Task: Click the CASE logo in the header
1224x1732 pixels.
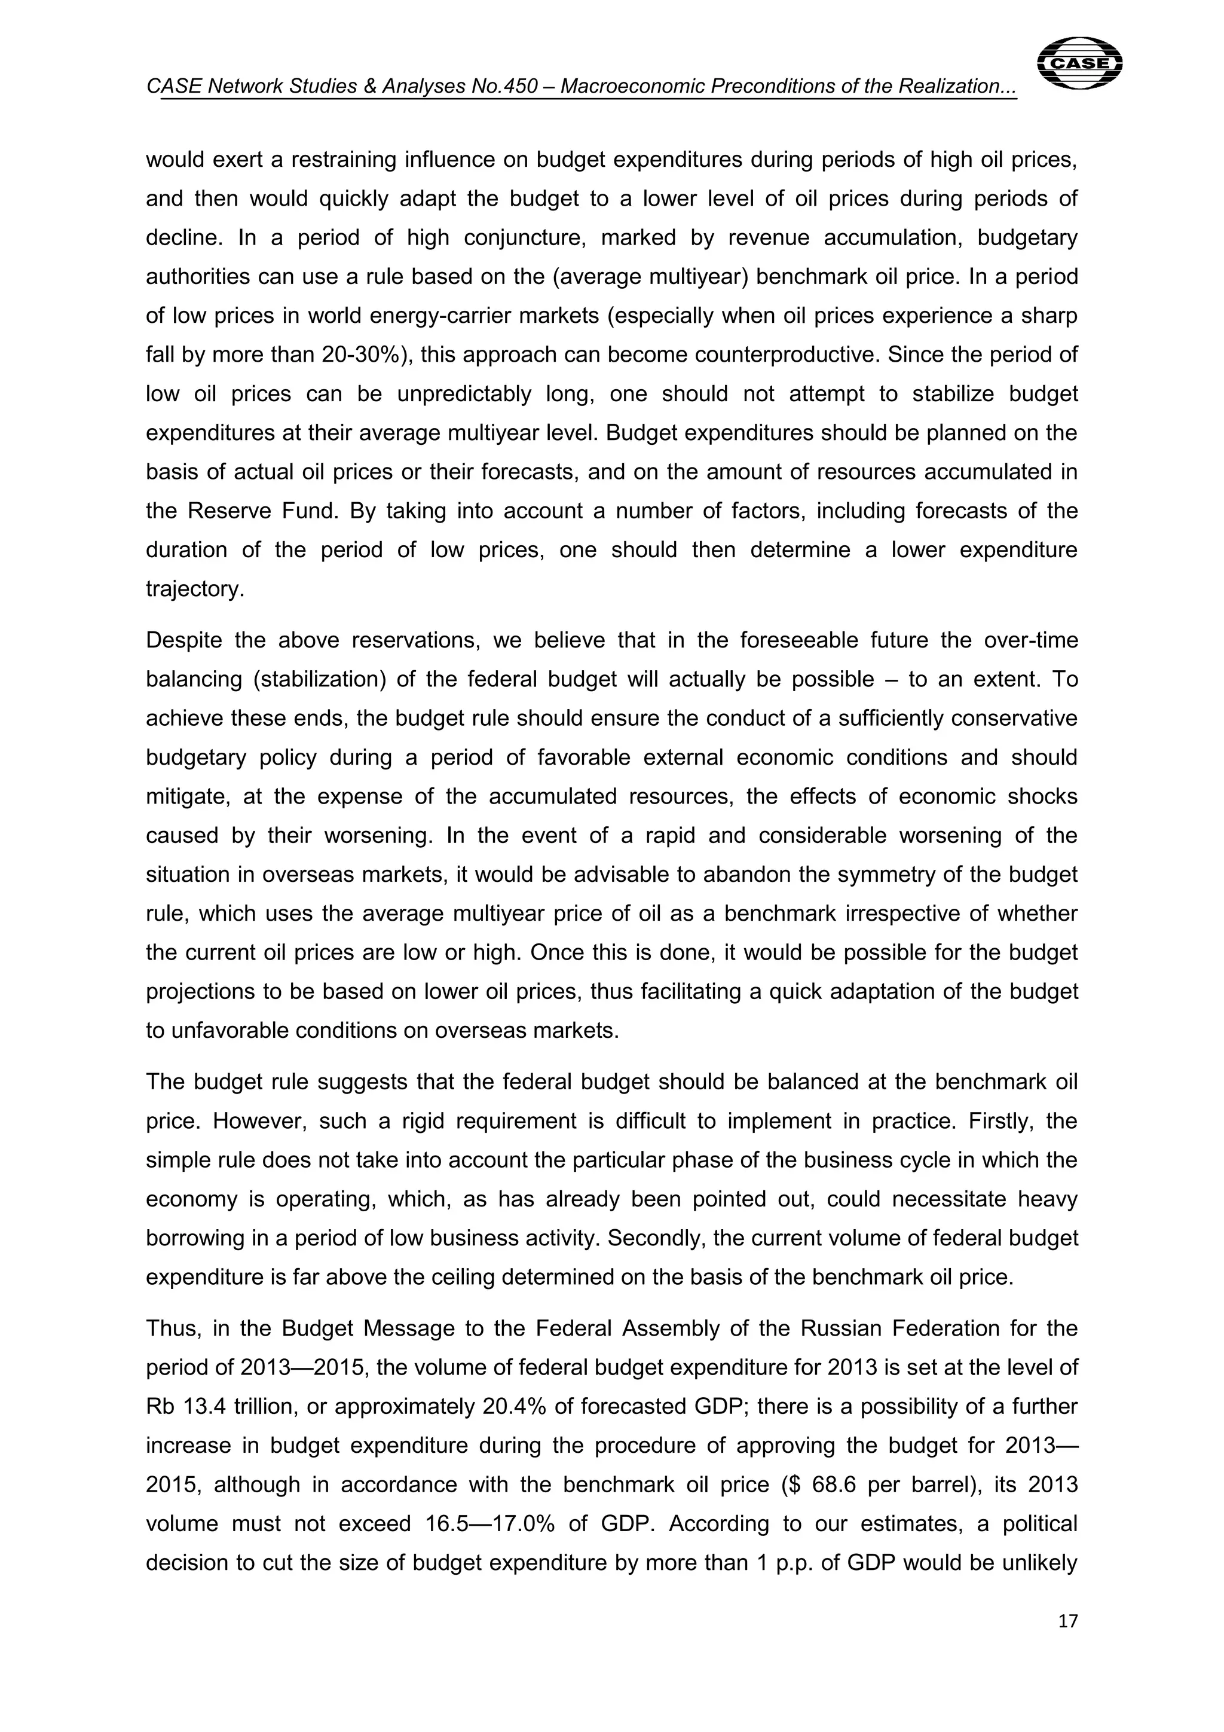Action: (x=1079, y=63)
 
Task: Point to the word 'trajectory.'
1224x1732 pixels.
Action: (x=195, y=589)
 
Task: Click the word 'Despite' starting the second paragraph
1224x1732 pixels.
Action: (x=183, y=640)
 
